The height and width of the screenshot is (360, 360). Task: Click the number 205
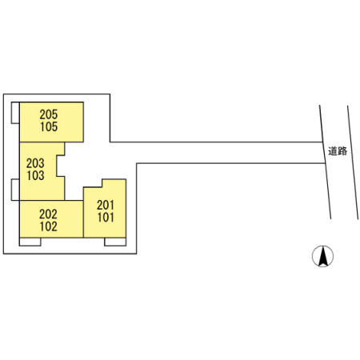click(49, 114)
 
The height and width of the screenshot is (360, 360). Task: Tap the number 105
click(49, 126)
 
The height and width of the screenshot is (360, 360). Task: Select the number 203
click(35, 163)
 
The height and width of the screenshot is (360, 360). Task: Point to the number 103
click(35, 175)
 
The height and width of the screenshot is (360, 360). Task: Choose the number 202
click(48, 214)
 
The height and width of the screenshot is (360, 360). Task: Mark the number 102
click(49, 226)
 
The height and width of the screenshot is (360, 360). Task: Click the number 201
click(106, 205)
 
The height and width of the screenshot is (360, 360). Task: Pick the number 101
click(106, 218)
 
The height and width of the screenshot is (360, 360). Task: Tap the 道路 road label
click(338, 151)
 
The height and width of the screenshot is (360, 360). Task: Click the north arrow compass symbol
click(322, 256)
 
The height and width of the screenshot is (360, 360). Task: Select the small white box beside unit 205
click(15, 113)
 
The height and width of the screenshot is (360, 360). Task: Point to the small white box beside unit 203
click(15, 190)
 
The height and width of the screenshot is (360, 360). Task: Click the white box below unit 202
click(30, 242)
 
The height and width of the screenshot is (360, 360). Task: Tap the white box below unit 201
click(115, 242)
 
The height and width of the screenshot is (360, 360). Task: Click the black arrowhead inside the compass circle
click(323, 256)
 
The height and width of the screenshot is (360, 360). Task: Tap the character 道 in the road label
click(333, 151)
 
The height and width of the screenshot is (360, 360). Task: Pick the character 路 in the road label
click(342, 151)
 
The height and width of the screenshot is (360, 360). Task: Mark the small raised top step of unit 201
click(114, 183)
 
